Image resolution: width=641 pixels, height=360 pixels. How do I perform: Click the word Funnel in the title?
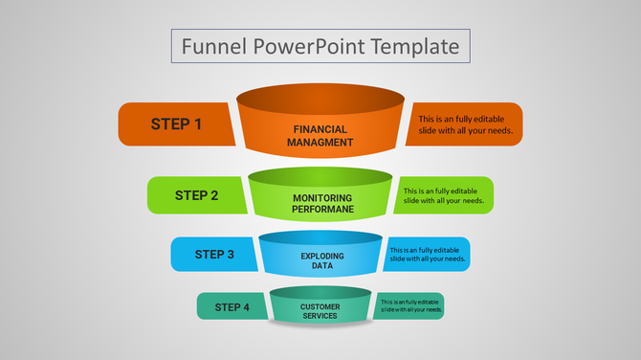click(209, 46)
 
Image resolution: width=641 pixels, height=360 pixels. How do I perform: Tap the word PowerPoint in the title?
click(308, 46)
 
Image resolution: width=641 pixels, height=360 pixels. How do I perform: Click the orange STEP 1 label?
click(176, 124)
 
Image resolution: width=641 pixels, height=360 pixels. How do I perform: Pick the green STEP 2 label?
click(196, 195)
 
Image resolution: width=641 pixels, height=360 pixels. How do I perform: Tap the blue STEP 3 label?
click(214, 255)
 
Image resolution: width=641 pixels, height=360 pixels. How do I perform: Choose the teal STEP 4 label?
click(232, 307)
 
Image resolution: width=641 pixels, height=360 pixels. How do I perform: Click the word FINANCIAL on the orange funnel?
click(320, 129)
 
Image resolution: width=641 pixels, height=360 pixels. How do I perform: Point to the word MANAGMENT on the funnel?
click(320, 143)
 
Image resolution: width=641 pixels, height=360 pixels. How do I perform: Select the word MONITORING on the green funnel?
click(323, 198)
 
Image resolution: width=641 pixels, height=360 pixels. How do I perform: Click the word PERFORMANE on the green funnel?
click(323, 209)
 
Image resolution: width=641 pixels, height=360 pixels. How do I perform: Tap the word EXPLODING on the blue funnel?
click(322, 257)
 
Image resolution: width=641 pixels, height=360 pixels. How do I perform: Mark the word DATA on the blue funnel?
click(322, 266)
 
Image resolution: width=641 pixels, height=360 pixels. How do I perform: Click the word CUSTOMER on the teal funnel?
click(320, 306)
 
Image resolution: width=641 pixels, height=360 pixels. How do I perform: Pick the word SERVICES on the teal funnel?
click(320, 315)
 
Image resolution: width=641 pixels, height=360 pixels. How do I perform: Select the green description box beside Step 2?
click(444, 195)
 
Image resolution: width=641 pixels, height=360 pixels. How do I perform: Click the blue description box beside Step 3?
click(429, 255)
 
